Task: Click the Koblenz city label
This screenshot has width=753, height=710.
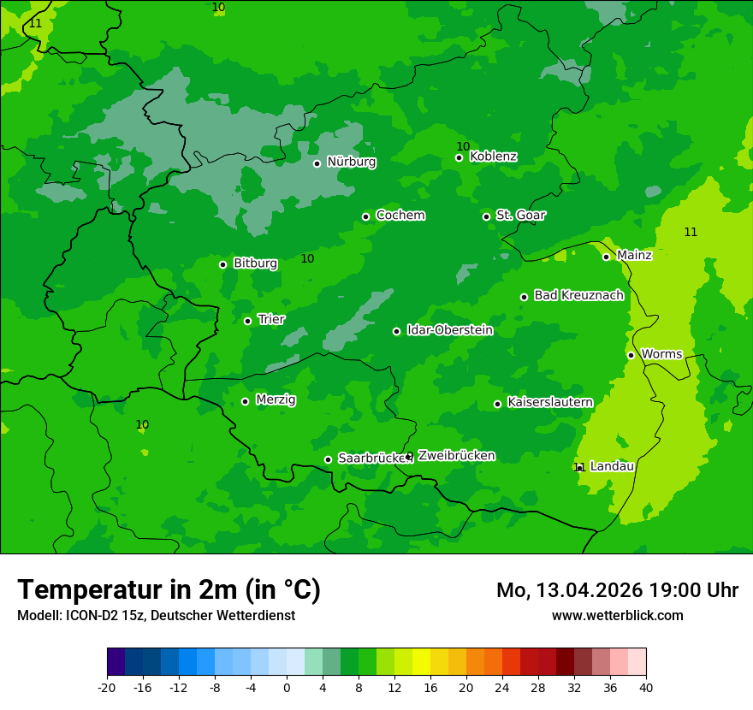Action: click(493, 157)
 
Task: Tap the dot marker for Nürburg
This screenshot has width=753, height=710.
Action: click(317, 163)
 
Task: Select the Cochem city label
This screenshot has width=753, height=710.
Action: click(400, 216)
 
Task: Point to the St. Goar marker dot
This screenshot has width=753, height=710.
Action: click(486, 216)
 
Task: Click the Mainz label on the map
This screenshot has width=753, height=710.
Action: click(634, 255)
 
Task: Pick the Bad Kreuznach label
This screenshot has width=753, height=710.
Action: click(578, 295)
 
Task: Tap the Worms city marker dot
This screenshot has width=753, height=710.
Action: click(631, 355)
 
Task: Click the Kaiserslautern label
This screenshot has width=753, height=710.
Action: click(549, 402)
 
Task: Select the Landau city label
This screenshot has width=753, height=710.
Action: click(612, 466)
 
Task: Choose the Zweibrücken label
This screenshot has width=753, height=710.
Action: click(456, 456)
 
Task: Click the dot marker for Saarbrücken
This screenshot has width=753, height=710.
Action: click(328, 459)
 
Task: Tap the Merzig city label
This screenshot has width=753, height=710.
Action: click(276, 399)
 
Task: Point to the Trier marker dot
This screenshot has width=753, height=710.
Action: click(247, 321)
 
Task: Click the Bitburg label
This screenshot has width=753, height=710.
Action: click(255, 263)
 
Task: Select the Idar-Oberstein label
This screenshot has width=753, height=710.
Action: click(449, 330)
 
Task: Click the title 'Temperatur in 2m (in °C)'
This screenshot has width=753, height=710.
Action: click(169, 589)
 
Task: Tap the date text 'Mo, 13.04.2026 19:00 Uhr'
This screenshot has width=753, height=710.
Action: click(617, 590)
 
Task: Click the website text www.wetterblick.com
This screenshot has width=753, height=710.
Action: click(617, 616)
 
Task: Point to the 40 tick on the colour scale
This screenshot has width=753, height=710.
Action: click(646, 687)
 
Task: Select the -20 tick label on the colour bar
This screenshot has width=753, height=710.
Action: click(107, 687)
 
